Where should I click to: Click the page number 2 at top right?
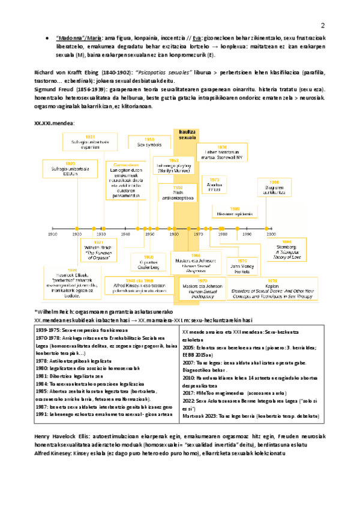pos(322,26)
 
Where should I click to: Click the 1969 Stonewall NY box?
pos(222,153)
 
